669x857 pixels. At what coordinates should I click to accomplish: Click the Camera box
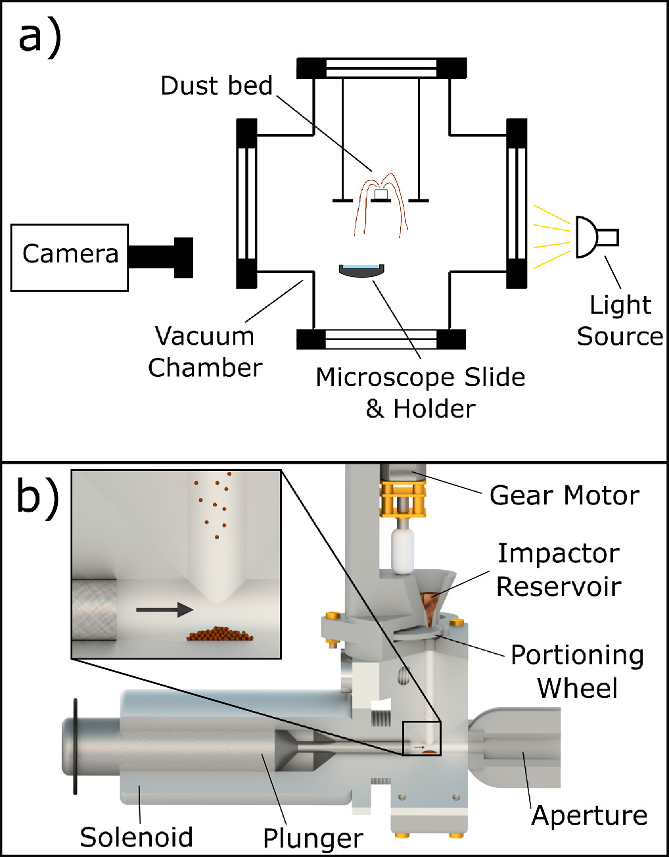70,257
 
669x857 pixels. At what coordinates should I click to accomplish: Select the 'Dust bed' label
216,86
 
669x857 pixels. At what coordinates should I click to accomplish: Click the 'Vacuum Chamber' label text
204,351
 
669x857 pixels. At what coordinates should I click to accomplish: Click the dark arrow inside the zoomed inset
164,610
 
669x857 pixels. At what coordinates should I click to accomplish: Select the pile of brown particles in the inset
220,634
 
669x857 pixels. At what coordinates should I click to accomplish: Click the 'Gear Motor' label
564,495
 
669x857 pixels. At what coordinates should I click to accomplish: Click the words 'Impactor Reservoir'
558,569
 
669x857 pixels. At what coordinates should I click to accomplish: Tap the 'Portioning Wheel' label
577,671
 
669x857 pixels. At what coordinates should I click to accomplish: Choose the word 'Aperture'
589,815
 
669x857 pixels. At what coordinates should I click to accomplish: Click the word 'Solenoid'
136,837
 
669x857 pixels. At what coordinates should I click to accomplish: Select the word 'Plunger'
313,838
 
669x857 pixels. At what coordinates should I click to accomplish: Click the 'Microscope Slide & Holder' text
420,393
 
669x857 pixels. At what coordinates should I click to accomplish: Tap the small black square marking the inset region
421,738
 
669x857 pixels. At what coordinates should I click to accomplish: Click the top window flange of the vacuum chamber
381,68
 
